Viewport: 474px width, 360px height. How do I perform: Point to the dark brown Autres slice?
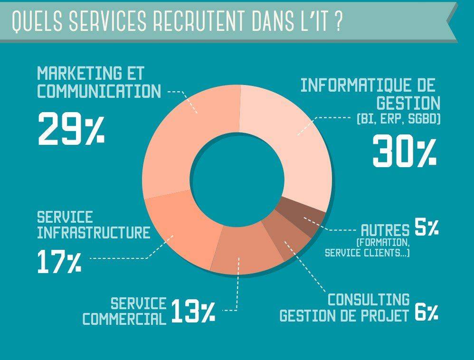coord(302,216)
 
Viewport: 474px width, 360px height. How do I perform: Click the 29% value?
coord(71,128)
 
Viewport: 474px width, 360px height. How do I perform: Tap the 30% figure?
coord(405,151)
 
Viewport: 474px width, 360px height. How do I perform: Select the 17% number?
coord(59,262)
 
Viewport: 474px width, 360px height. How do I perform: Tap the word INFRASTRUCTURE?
coord(94,232)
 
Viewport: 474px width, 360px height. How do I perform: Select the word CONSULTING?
coord(369,300)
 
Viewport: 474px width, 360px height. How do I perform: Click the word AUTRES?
coord(386,230)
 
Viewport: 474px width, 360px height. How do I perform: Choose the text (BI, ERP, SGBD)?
coord(398,119)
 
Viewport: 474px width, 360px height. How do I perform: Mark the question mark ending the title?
coord(339,21)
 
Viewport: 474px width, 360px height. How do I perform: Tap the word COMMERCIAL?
coord(124,319)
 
